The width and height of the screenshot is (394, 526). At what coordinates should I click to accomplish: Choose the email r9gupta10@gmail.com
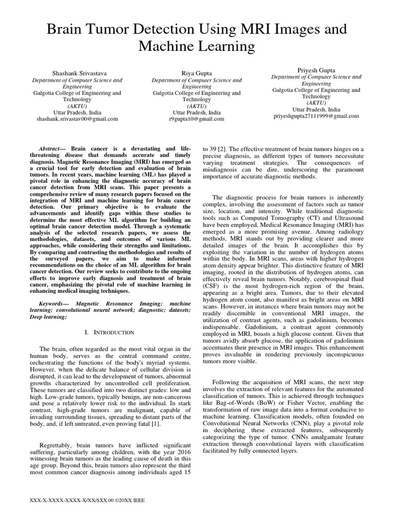point(197,119)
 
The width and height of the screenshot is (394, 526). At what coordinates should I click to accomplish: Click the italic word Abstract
point(50,146)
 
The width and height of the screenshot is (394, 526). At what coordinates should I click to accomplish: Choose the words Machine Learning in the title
point(197,47)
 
